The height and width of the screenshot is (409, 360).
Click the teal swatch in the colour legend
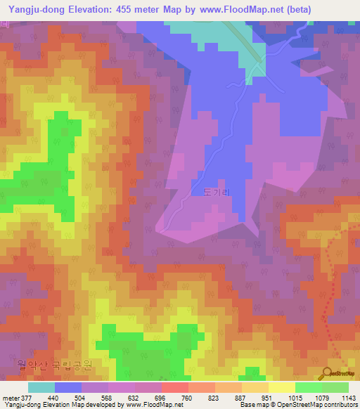pyautogui.click(x=41, y=387)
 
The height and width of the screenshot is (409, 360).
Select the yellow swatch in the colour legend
pyautogui.click(x=281, y=387)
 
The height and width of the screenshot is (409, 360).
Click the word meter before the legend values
pyautogui.click(x=9, y=397)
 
